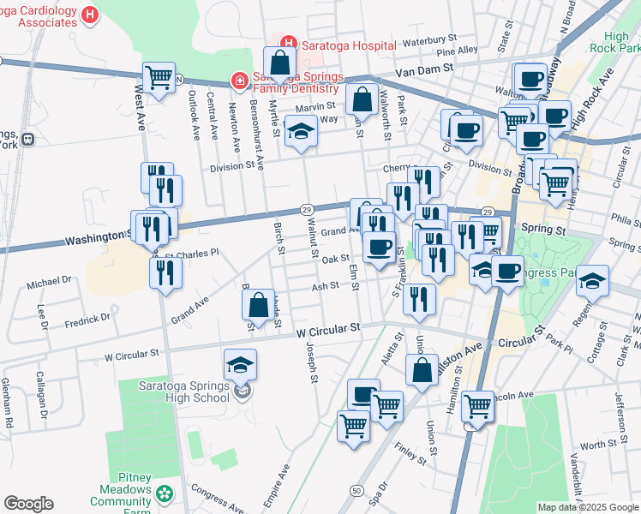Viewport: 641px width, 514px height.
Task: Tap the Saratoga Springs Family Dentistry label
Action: click(296, 82)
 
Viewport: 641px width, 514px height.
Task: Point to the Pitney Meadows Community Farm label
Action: click(120, 495)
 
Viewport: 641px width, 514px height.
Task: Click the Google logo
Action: click(28, 504)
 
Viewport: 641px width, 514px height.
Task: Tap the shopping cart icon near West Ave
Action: click(159, 78)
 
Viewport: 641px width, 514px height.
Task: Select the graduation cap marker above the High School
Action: click(241, 365)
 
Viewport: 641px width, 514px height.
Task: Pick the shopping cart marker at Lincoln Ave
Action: click(476, 406)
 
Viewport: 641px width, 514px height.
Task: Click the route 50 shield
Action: click(355, 489)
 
